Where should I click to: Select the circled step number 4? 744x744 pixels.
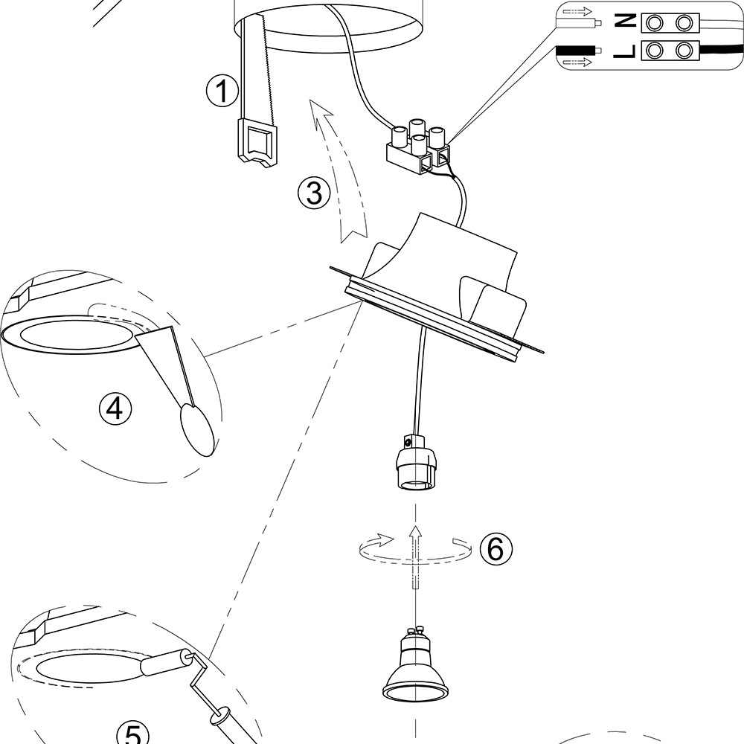tap(115, 408)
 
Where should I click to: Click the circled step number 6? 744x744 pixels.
tap(496, 548)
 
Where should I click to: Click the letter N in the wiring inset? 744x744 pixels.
tap(626, 23)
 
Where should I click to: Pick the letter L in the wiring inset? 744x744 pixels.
tap(626, 51)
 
